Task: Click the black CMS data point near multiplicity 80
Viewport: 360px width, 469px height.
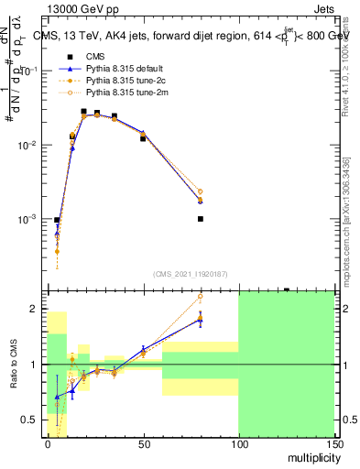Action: pyautogui.click(x=200, y=219)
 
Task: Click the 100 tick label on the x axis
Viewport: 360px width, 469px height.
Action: pyautogui.click(x=238, y=443)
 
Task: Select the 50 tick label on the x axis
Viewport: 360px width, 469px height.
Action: pyautogui.click(x=143, y=443)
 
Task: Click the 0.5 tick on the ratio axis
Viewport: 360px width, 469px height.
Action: pyautogui.click(x=34, y=420)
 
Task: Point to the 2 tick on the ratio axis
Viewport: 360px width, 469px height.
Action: pyautogui.click(x=38, y=309)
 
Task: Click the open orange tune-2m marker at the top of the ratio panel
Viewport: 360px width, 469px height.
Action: pyautogui.click(x=200, y=297)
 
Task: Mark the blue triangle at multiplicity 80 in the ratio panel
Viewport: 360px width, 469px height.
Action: pyautogui.click(x=200, y=318)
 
